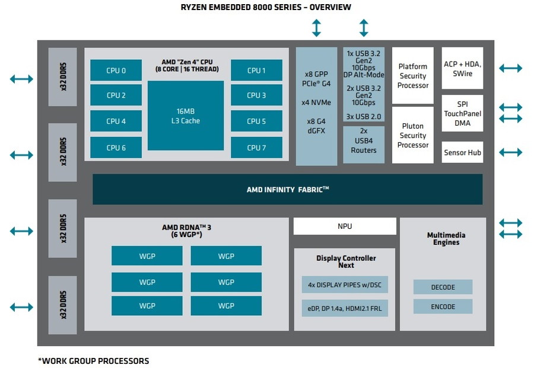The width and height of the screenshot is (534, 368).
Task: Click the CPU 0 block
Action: coord(116,70)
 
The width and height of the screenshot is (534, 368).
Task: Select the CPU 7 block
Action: coord(256,148)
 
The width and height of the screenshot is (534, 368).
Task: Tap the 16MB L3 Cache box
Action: coord(185,116)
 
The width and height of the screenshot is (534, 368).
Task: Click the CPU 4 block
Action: coord(116,121)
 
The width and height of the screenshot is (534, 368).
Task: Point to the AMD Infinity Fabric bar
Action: coord(287,190)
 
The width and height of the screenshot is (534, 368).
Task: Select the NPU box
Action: coord(345,226)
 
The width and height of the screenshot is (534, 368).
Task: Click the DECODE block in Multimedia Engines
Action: coord(443,287)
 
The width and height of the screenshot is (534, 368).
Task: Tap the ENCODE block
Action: coord(443,306)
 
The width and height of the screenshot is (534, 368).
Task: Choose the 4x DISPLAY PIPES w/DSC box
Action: coord(345,284)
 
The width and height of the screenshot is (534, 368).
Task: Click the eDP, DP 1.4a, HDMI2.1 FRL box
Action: coord(345,308)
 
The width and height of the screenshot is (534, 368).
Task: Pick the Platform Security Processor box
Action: coord(413,76)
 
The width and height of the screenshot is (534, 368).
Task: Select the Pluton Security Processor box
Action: coord(413,135)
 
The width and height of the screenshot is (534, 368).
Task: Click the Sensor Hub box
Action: coord(462,152)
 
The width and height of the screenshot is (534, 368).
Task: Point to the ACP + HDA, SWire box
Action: coord(462,68)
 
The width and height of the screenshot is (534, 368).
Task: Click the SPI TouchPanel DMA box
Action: coord(462,113)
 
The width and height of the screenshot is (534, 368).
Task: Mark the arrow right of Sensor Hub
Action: coord(510,152)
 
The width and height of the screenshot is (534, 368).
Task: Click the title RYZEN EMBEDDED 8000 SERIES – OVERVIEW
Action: coord(266,7)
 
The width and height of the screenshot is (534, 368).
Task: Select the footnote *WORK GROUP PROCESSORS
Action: coord(93,360)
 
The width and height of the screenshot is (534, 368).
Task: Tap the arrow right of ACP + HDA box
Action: coord(510,68)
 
